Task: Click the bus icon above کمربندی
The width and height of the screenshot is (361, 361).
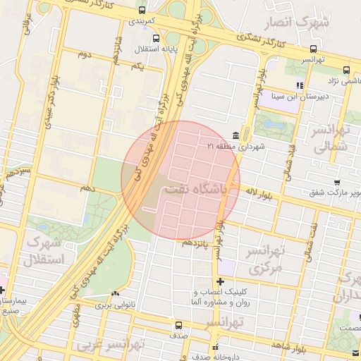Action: [143, 11]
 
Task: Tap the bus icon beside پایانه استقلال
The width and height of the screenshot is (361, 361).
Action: [156, 39]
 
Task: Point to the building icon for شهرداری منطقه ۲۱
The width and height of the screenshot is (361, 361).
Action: [235, 135]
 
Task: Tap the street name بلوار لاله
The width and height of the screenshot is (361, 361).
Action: [261, 190]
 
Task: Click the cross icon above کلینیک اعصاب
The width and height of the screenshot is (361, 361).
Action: [219, 281]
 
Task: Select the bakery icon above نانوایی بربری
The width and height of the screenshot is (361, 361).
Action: [115, 293]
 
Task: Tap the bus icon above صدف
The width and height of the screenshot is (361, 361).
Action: [178, 326]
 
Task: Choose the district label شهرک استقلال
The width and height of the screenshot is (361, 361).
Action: [44, 252]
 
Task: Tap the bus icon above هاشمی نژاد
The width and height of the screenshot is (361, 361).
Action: [346, 70]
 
